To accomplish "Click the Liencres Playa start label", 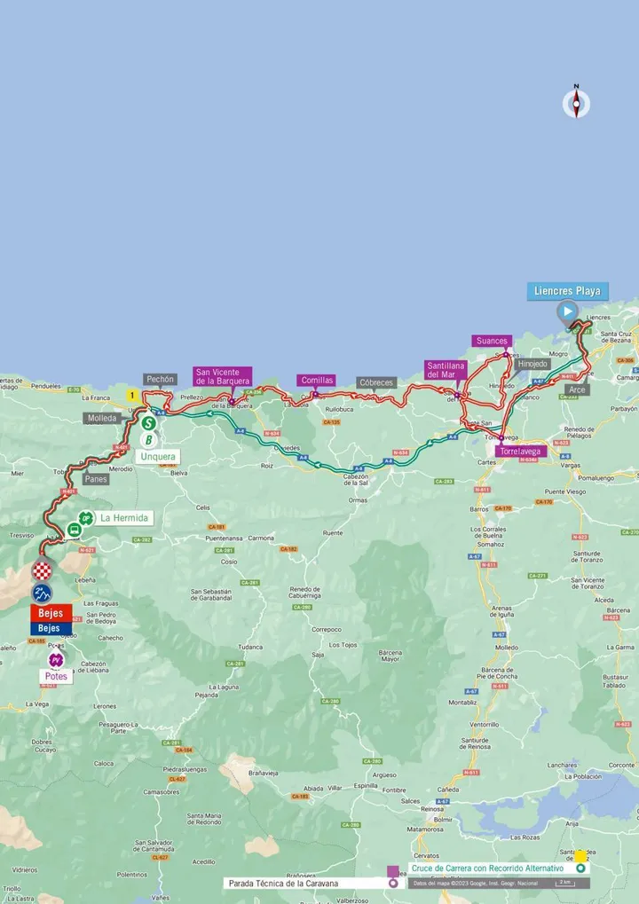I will click(567, 291).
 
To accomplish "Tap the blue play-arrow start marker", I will click(567, 311).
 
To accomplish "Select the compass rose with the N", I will click(576, 103).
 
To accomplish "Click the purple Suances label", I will click(492, 341).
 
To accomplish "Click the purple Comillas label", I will click(317, 380).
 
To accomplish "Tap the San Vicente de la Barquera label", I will click(223, 376).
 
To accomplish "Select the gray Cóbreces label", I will click(376, 382).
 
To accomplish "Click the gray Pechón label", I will click(161, 379).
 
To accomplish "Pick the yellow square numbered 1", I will click(132, 395).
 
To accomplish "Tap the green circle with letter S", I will click(149, 423).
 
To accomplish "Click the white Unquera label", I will click(158, 456).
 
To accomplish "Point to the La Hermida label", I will click(124, 518).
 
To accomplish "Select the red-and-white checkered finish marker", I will click(42, 570).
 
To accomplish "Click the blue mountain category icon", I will click(42, 593).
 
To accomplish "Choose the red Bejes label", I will click(51, 613).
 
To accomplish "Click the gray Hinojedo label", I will click(532, 364).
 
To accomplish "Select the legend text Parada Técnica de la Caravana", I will click(289, 884).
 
